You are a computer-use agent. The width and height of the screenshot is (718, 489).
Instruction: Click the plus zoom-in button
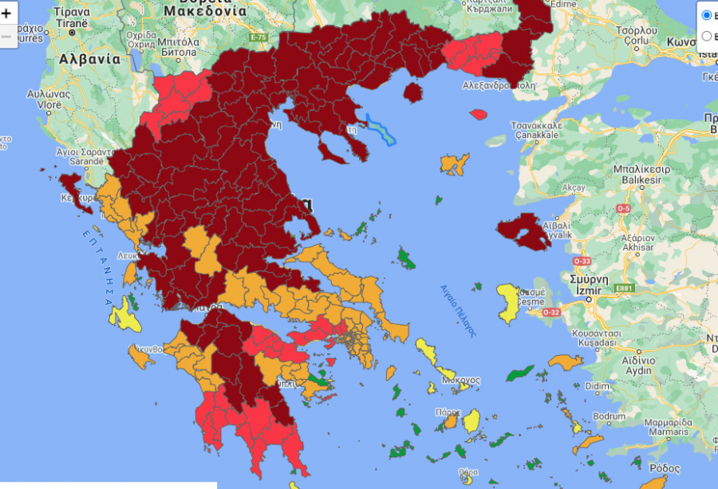[6, 14]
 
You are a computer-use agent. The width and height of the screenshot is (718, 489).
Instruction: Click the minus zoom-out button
[6, 36]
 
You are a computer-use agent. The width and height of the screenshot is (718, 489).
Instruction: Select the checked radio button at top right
[706, 15]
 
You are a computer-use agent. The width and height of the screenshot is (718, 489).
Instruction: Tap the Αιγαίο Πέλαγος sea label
[458, 310]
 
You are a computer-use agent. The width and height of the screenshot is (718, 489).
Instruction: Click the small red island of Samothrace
[479, 114]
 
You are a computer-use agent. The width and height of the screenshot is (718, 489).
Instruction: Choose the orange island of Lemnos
[455, 164]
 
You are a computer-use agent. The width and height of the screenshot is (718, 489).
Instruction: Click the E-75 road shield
[257, 37]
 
